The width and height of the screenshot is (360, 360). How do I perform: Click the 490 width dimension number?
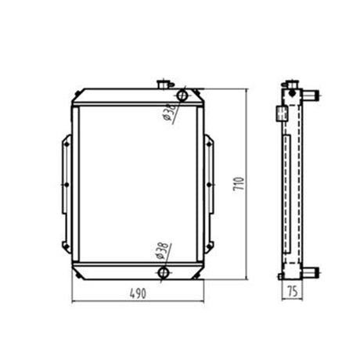(138, 293)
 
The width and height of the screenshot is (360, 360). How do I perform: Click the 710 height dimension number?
(239, 184)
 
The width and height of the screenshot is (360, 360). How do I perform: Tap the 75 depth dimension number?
(293, 291)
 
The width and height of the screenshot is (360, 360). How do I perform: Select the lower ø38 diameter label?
(163, 250)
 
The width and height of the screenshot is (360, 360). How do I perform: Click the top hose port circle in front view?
(182, 95)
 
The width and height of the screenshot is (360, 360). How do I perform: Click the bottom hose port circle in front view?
(164, 272)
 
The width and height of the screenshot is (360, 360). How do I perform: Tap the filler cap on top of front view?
(164, 85)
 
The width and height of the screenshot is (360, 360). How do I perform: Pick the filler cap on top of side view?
(292, 85)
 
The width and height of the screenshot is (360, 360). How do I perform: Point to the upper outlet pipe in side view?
(311, 95)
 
